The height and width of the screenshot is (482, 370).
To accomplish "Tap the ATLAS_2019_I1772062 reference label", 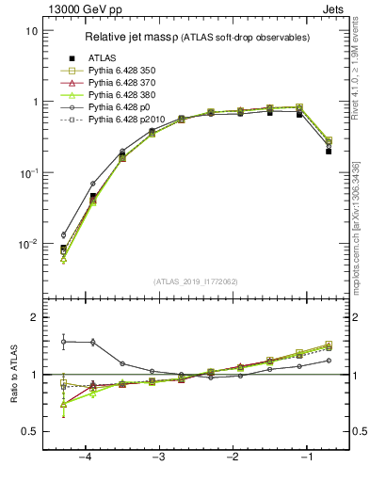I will (x=195, y=281).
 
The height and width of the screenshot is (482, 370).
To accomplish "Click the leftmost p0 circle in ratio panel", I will (x=64, y=342).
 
